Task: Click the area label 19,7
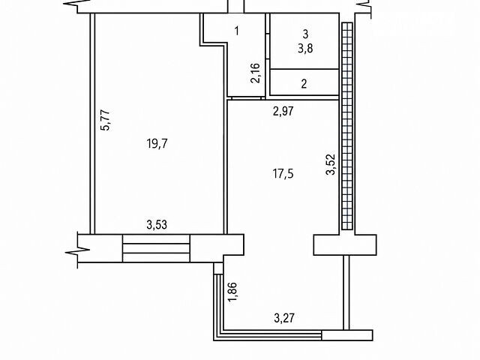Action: (157, 143)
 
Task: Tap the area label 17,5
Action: (283, 174)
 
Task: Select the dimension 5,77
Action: (105, 120)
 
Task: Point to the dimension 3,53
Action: (157, 225)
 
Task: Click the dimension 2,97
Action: (283, 111)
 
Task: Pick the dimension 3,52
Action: (331, 164)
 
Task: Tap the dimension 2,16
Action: (255, 73)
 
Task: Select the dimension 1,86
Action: (232, 292)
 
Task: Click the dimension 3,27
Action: (284, 318)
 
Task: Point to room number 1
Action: (237, 31)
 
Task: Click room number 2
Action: (304, 83)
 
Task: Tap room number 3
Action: (305, 34)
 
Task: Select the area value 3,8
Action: (305, 48)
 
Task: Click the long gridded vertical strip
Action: (347, 126)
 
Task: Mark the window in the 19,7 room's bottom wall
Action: (156, 248)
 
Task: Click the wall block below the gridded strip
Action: (345, 244)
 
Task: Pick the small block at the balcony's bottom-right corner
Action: (347, 335)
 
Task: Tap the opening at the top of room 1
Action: (236, 7)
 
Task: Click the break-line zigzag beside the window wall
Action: (78, 251)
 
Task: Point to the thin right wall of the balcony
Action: (346, 292)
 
